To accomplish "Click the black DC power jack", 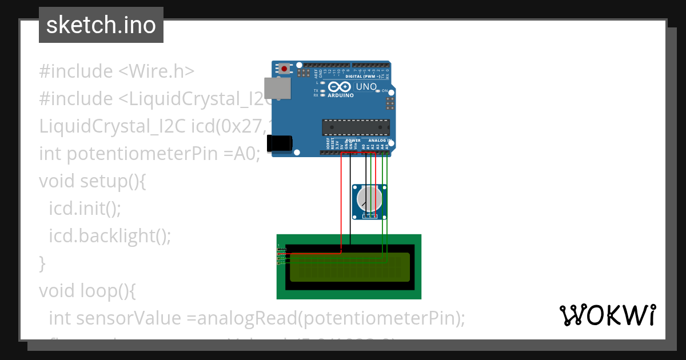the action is coord(281,143).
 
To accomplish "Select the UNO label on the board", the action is coord(366,87).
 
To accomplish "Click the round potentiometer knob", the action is coord(369,199).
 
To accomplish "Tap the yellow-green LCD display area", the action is coord(350,267).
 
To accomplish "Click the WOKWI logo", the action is coord(608,315).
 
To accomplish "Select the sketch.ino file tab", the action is coord(101,25).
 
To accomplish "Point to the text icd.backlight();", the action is coord(110,235).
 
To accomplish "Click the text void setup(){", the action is coord(93,181).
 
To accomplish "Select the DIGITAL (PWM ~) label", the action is coord(365,76).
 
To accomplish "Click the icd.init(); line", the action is coord(85,208).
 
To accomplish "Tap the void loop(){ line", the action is coord(87,291).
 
